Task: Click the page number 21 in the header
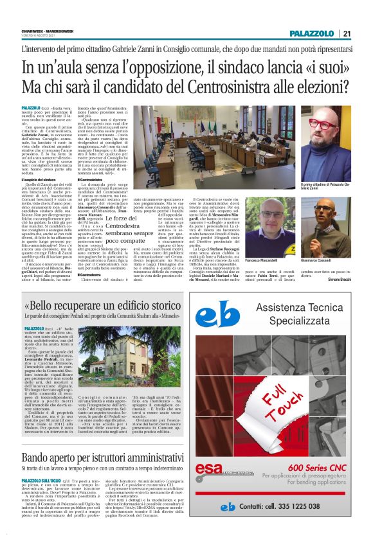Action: pos(346,33)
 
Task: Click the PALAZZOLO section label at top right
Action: pos(311,33)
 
